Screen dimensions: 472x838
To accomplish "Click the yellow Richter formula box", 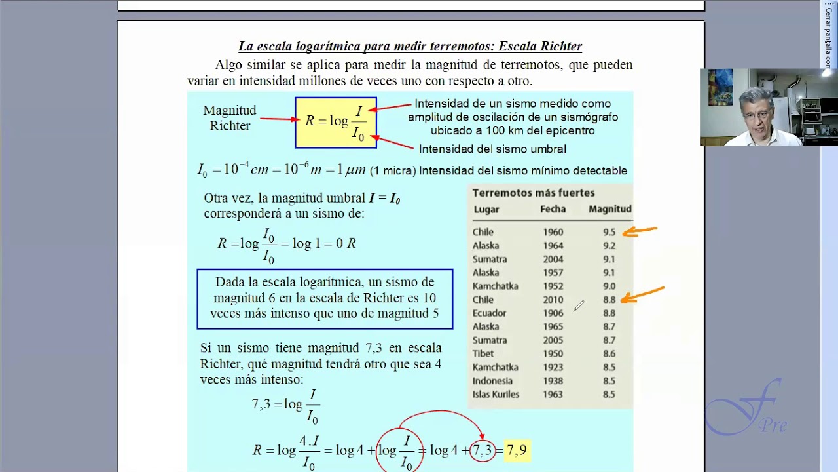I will [x=336, y=122].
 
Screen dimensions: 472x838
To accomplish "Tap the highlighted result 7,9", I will [x=516, y=450].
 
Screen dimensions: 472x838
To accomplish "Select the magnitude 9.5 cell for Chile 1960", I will [x=609, y=232].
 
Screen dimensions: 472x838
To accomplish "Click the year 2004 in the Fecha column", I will [x=553, y=259].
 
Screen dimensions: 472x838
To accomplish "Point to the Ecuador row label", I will [x=489, y=313].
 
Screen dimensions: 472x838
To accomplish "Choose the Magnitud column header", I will [x=610, y=209].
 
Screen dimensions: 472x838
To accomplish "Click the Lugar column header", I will [x=486, y=210].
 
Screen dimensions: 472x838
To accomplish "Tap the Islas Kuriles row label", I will [x=496, y=395].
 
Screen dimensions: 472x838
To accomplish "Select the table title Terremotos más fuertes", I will [x=533, y=193].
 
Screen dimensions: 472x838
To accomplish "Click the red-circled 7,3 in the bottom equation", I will [x=483, y=450].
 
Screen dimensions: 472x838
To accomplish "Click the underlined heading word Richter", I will [x=560, y=47].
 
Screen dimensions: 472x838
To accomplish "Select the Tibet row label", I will [x=483, y=354].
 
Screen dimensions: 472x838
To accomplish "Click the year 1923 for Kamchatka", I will [x=553, y=368].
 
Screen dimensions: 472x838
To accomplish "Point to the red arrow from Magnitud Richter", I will [x=278, y=119].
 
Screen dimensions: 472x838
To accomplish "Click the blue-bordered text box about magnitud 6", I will [x=325, y=298].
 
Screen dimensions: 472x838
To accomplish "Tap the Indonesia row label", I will [x=492, y=381].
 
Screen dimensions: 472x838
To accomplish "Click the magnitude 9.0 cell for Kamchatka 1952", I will [x=609, y=286].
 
